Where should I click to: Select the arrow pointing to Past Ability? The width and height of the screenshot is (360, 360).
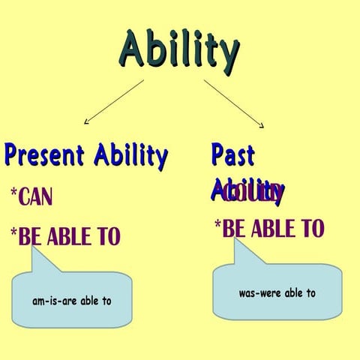coord(233,103)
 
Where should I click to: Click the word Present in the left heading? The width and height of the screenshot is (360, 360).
coord(46,155)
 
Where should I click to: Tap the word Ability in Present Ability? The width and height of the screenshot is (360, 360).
coord(130,156)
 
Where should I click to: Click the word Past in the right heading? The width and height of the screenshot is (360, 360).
coord(232,154)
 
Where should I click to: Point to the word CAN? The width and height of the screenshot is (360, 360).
coord(36,198)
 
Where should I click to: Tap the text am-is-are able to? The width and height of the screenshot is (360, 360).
coord(72,301)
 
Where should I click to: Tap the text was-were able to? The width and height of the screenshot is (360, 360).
coord(277,292)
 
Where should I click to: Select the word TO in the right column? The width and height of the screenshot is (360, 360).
coord(311,228)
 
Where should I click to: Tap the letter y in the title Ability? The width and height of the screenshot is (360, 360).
coord(227,54)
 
